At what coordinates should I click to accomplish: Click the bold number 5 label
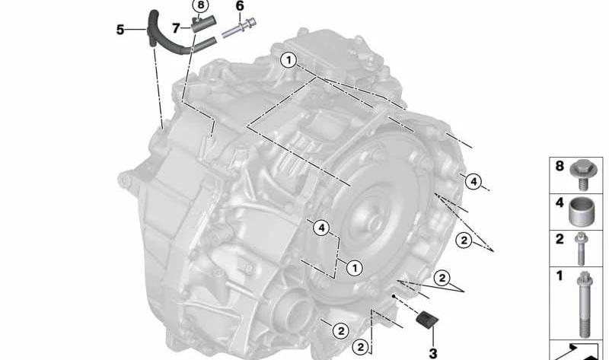point(120,30)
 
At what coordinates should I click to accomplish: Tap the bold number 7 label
point(176,28)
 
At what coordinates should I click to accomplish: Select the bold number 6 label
point(240,6)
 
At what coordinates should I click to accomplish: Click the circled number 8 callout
point(200,5)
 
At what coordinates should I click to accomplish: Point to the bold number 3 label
point(432,353)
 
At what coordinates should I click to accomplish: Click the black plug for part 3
point(427,320)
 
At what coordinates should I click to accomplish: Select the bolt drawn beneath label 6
point(238,28)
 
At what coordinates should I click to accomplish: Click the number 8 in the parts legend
point(560,166)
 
